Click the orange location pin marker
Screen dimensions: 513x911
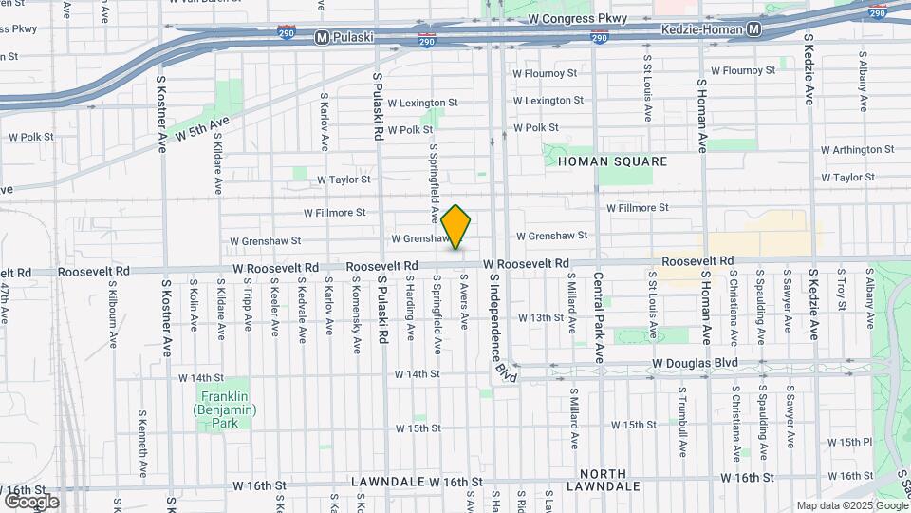click(x=456, y=227)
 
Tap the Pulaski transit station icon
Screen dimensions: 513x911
click(x=323, y=39)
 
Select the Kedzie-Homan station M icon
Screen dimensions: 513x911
click(x=753, y=30)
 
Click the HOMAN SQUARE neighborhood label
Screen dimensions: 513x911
click(x=612, y=161)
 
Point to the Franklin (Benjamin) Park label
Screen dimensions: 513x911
click(x=222, y=403)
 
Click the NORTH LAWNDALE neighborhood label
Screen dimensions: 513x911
click(x=603, y=481)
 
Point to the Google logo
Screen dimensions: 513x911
click(x=30, y=501)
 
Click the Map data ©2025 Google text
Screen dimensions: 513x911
click(x=851, y=505)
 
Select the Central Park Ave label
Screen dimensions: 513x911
click(x=599, y=318)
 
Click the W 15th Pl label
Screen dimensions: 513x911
click(x=848, y=442)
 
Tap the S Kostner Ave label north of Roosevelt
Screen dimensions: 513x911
click(x=162, y=114)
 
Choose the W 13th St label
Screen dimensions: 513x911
click(x=540, y=317)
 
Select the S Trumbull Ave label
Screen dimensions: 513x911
click(x=681, y=417)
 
